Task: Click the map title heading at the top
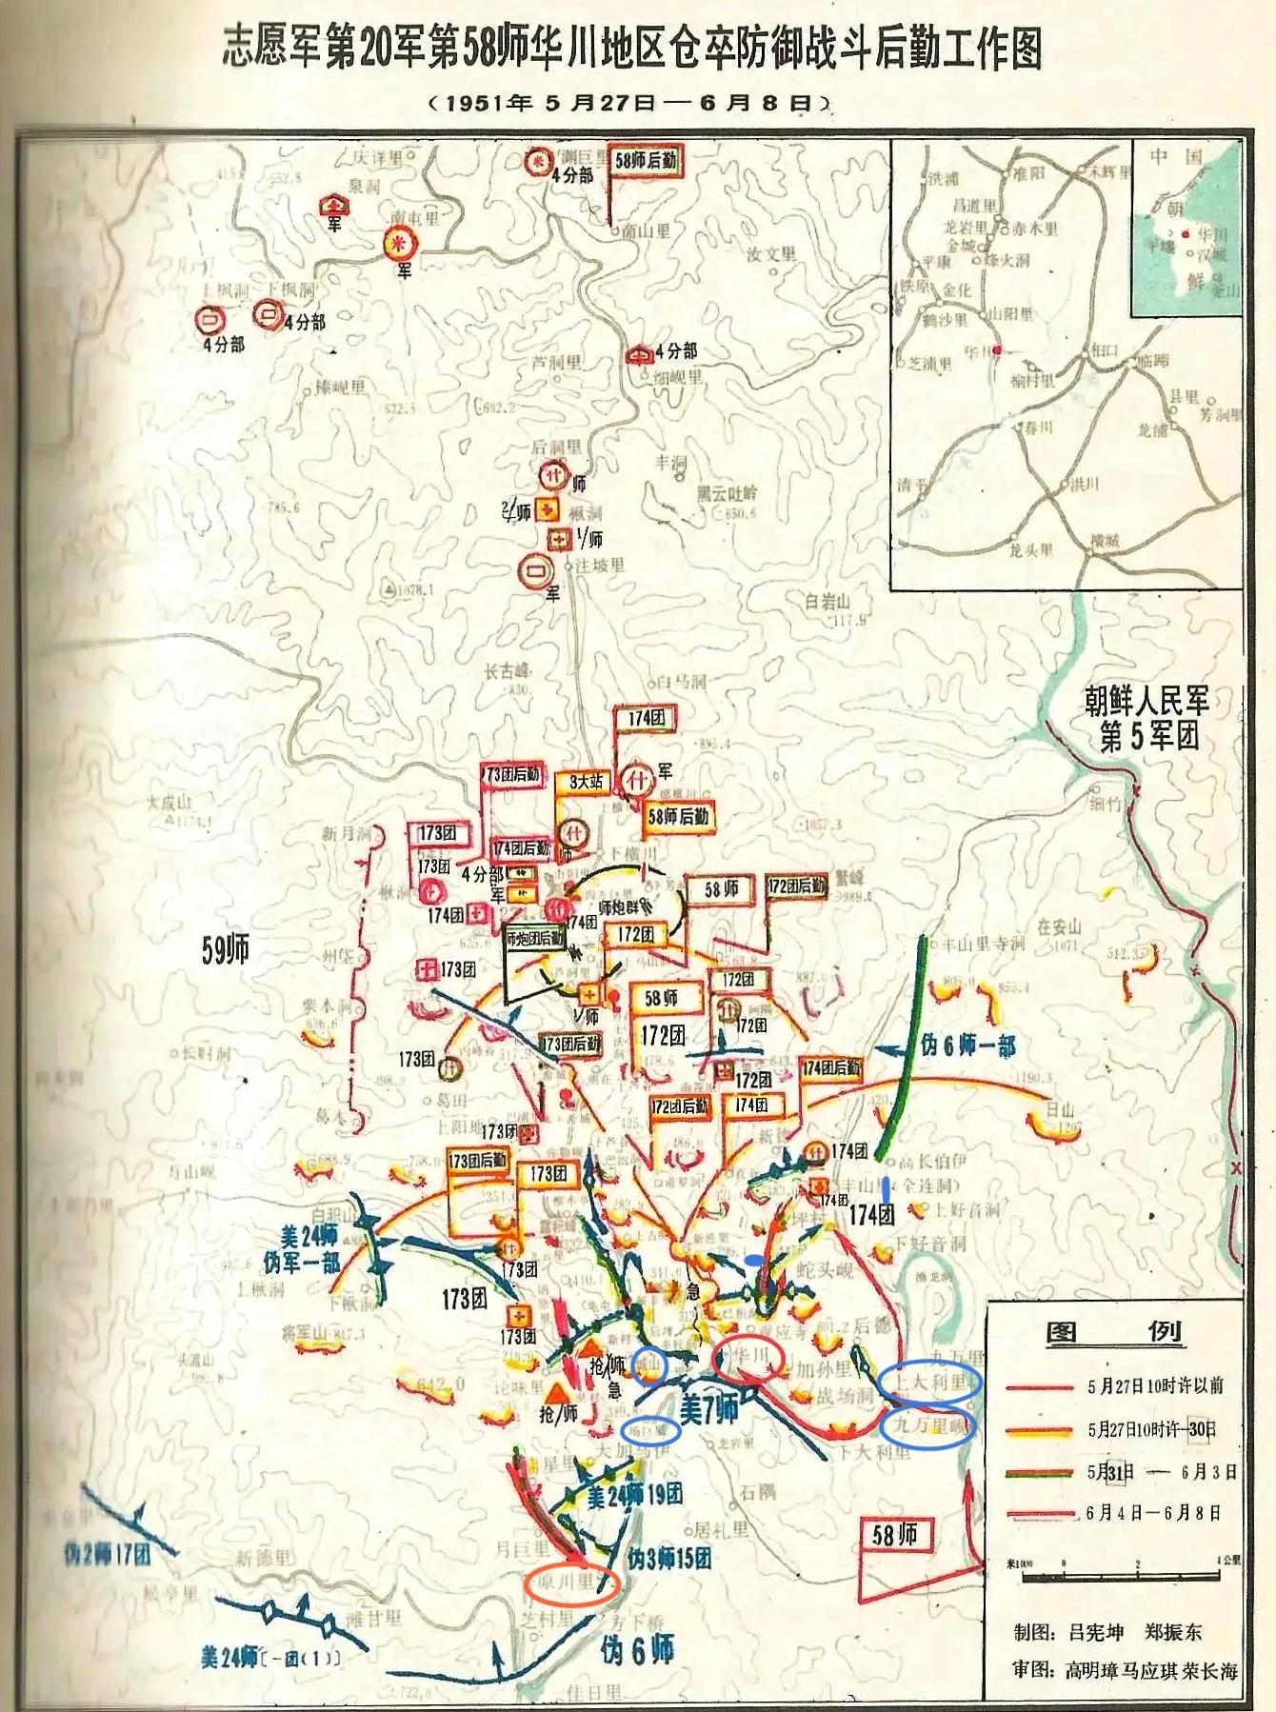pos(631,49)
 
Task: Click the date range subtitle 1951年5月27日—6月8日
pos(631,103)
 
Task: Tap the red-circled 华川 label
pos(748,1356)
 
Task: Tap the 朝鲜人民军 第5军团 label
pos(1147,719)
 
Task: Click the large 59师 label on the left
pos(226,951)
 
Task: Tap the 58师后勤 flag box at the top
pos(646,161)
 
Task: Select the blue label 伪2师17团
pos(107,1556)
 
